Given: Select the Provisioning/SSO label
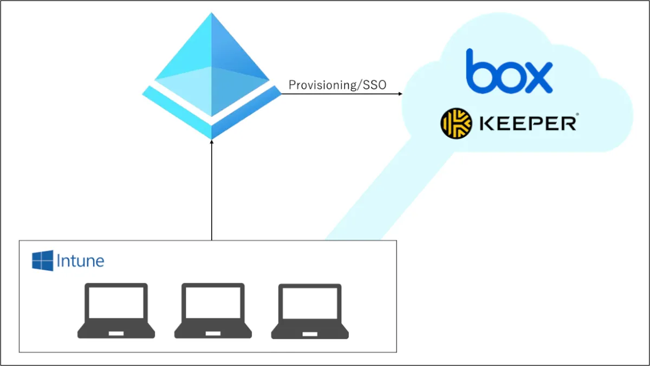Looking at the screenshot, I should click(x=337, y=85).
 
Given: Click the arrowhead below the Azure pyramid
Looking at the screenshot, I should click(x=212, y=142).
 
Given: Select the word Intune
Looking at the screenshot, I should click(x=80, y=262).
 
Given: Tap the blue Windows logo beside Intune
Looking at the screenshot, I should click(x=43, y=260).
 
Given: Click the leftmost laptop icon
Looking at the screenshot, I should click(x=116, y=311).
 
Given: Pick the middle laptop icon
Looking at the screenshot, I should click(x=213, y=311).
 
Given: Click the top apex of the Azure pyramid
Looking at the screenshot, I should click(x=211, y=14).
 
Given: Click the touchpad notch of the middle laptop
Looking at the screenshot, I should click(x=213, y=333).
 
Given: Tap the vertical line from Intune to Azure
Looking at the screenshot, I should click(x=212, y=189).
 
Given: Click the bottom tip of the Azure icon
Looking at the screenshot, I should click(x=212, y=138).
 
